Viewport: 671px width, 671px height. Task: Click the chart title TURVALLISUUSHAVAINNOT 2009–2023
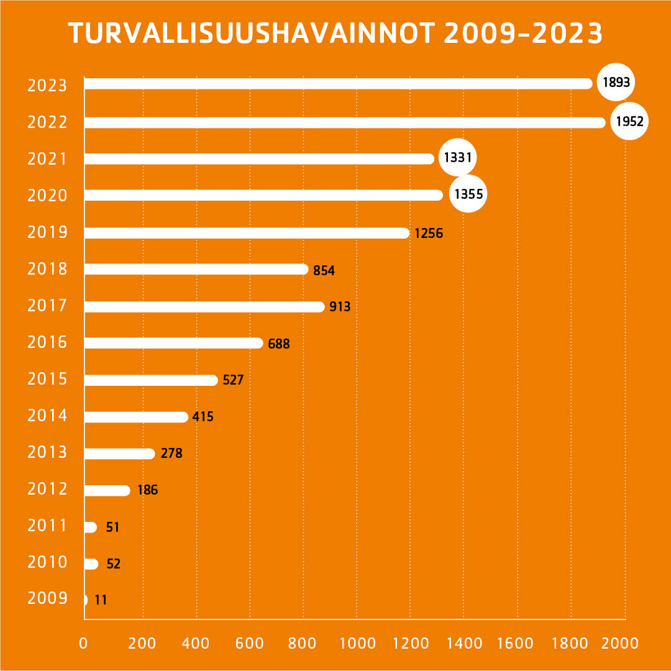(335, 34)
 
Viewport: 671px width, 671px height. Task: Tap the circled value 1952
(629, 122)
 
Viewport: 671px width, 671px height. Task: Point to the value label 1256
(429, 234)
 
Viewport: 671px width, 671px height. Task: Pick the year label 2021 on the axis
(47, 159)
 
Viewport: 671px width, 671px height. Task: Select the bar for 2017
(204, 306)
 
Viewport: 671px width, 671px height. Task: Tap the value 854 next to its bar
(324, 270)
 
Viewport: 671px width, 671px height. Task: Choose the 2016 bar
(174, 343)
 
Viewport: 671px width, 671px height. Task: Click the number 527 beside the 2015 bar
(233, 380)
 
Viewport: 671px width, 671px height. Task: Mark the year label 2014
(47, 416)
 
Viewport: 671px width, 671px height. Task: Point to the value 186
(147, 491)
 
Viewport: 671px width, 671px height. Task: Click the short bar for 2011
(91, 527)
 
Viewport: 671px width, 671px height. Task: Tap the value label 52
(113, 564)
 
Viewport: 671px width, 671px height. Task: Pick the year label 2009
(47, 599)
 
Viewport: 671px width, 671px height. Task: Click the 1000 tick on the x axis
(358, 643)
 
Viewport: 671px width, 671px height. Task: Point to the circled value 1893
(616, 82)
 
